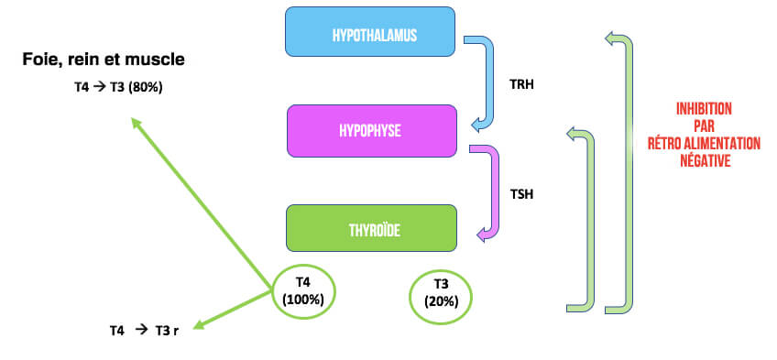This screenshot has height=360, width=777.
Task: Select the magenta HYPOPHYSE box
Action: (x=371, y=131)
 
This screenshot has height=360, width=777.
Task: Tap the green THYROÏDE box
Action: (x=371, y=228)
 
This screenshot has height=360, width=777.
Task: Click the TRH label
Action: (x=520, y=84)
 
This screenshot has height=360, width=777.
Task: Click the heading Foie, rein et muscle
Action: (x=104, y=60)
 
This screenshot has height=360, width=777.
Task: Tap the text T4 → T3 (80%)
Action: (x=119, y=88)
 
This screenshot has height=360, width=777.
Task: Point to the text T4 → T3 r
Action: (x=144, y=329)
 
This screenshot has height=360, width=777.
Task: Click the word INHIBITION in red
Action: (x=703, y=109)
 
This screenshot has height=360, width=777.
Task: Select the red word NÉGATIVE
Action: (x=703, y=159)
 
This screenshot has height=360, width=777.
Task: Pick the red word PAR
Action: (x=703, y=125)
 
